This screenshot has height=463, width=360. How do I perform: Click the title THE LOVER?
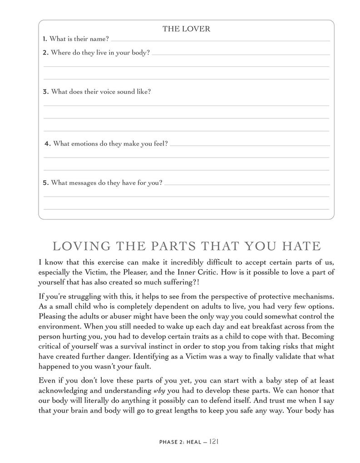pyautogui.click(x=186, y=29)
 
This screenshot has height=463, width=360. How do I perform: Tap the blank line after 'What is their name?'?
pyautogui.click(x=220, y=40)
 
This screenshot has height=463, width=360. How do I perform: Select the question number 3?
pyautogui.click(x=45, y=92)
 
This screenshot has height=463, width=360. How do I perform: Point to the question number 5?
pyautogui.click(x=45, y=183)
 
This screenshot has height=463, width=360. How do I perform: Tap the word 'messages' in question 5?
pyautogui.click(x=81, y=183)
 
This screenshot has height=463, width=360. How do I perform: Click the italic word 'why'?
pyautogui.click(x=160, y=391)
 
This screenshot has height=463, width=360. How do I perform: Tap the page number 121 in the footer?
pyautogui.click(x=215, y=441)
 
